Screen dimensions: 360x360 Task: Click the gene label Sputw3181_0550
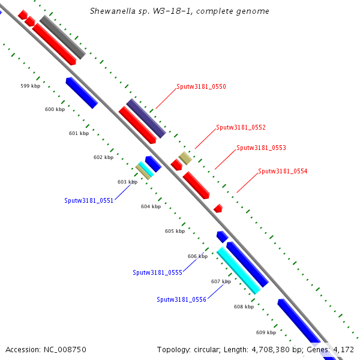click(201, 86)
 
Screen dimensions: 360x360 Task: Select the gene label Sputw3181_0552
click(241, 127)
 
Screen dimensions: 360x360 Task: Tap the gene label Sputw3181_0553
click(261, 148)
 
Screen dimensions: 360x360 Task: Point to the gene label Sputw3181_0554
click(283, 171)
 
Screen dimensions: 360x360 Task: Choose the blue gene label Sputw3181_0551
click(89, 201)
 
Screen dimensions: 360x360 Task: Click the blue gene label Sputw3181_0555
click(157, 272)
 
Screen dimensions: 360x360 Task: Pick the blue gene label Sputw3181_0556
click(181, 299)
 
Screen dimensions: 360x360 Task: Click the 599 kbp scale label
click(29, 86)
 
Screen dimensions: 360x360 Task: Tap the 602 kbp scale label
click(103, 157)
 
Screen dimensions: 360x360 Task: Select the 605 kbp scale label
click(174, 231)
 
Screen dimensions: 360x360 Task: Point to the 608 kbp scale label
click(243, 307)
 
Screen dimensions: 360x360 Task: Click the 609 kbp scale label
click(265, 332)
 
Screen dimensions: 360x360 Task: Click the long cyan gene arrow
click(238, 271)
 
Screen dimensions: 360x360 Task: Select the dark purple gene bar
click(146, 118)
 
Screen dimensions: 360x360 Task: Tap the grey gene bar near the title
click(62, 37)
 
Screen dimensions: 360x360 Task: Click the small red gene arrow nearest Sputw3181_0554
click(218, 208)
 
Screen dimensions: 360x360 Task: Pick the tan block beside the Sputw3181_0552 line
click(185, 158)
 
